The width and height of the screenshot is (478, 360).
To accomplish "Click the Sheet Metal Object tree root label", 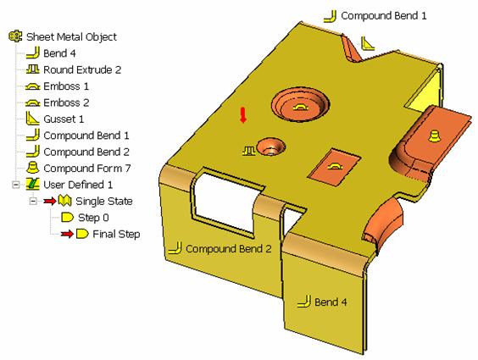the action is (71, 37).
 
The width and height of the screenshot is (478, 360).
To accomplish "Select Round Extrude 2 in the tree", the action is (82, 69).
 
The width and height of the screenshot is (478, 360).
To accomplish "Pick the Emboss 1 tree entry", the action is (66, 86).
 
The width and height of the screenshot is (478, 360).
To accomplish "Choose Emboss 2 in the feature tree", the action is (66, 102).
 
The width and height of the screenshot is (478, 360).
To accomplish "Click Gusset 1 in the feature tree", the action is (64, 119).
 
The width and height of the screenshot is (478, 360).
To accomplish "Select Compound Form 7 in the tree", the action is (87, 168).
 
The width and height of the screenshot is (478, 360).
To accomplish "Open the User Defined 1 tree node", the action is (78, 185).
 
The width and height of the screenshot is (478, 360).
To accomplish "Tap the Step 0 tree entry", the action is (93, 218).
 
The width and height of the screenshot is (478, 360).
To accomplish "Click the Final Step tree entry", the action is (116, 234).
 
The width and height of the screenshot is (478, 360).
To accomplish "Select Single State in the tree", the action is (104, 201).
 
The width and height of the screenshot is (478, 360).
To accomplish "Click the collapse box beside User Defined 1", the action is (15, 185).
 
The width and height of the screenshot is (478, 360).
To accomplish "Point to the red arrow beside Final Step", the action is (67, 234).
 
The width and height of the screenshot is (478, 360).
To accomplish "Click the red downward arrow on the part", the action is (243, 115).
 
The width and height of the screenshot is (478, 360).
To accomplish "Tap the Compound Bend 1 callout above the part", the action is (383, 15).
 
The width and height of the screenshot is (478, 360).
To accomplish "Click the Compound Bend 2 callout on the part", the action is (228, 249).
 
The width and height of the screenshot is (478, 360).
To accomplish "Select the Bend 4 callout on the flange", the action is (331, 302).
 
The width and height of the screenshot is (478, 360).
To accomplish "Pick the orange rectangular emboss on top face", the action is (335, 167).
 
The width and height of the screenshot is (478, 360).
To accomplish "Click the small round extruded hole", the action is (271, 147).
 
